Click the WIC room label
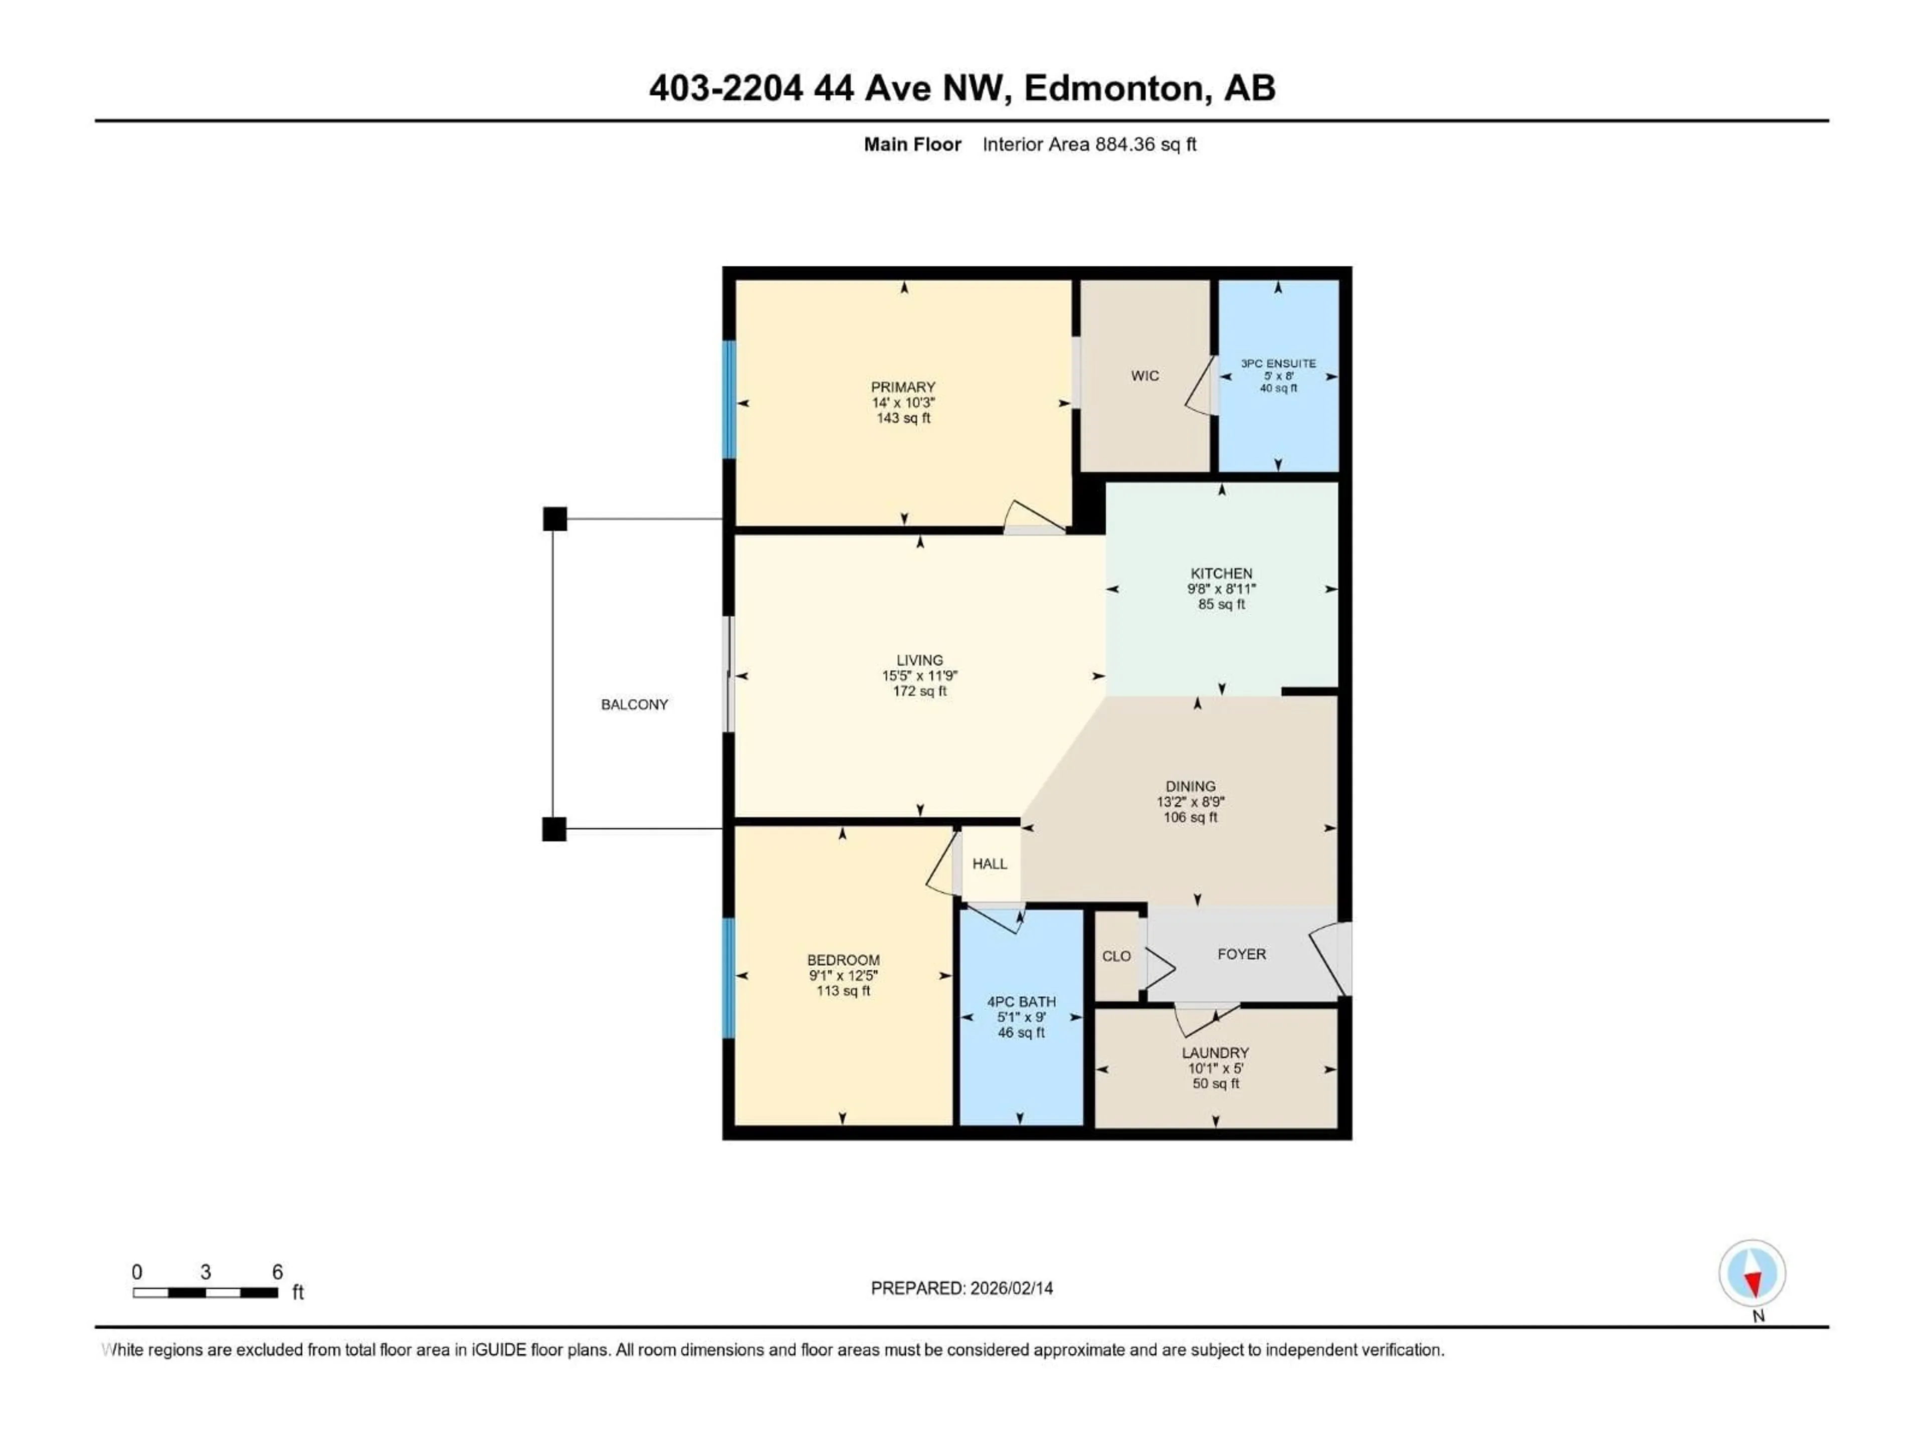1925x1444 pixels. [1144, 376]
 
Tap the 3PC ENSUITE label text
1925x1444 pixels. [1277, 364]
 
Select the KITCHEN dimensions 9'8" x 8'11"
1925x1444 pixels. [1221, 589]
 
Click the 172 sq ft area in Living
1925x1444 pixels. [919, 691]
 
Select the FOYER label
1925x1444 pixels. [1241, 954]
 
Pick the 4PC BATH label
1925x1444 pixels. [1021, 1002]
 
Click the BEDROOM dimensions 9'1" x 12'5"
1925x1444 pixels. [842, 976]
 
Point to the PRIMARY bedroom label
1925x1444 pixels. [902, 388]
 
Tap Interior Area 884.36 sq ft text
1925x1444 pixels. [1089, 144]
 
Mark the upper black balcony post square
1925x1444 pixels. [554, 519]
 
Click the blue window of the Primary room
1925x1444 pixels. [729, 400]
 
